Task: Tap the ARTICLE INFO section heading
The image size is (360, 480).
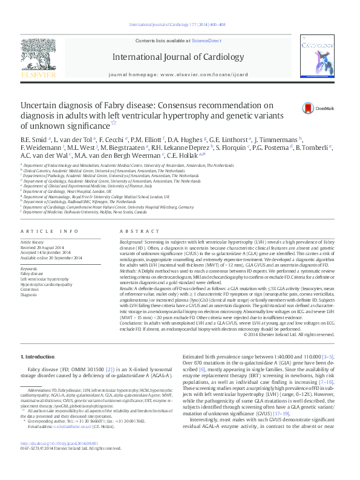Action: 50,231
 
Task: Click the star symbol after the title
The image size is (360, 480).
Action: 147,122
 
